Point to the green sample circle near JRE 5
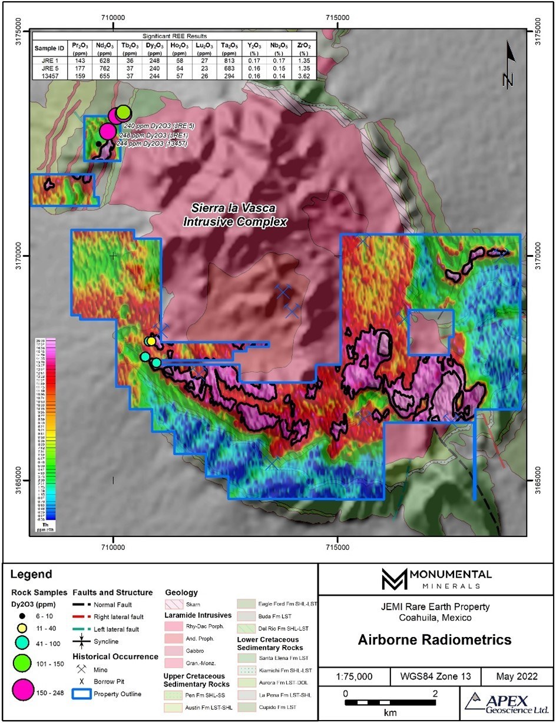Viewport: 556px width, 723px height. (123, 112)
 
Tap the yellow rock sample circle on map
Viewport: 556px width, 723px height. (151, 341)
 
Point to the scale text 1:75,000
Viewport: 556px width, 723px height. (353, 676)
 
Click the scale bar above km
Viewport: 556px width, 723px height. (390, 702)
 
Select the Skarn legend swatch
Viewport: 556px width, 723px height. (175, 605)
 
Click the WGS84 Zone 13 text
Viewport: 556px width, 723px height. (435, 676)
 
